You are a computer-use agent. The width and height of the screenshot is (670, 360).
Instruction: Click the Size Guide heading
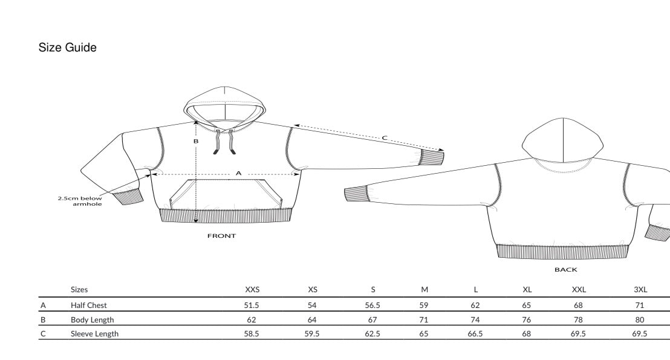click(x=68, y=47)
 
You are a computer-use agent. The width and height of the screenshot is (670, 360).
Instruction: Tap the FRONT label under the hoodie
click(x=221, y=235)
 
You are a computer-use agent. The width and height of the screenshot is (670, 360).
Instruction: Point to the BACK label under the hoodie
click(x=566, y=269)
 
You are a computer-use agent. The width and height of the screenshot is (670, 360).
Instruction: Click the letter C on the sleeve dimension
click(x=384, y=138)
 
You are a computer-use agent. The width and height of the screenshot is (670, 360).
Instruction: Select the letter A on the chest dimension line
click(x=238, y=173)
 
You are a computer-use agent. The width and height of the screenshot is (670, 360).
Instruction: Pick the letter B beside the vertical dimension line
click(x=196, y=141)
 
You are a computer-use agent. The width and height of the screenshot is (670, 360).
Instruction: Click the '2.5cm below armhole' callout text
click(x=80, y=201)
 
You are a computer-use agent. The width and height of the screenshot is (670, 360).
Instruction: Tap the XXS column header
click(x=252, y=289)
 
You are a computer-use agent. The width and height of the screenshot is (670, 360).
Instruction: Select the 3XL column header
click(x=640, y=289)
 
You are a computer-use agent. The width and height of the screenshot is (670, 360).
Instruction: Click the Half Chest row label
click(x=88, y=306)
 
